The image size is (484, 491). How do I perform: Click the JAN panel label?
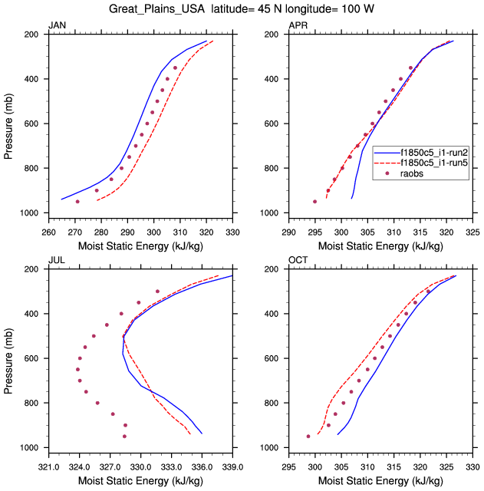tap(57, 26)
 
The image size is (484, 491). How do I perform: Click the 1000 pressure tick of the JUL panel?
tap(31, 448)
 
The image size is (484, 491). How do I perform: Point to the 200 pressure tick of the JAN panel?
tap(34, 35)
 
